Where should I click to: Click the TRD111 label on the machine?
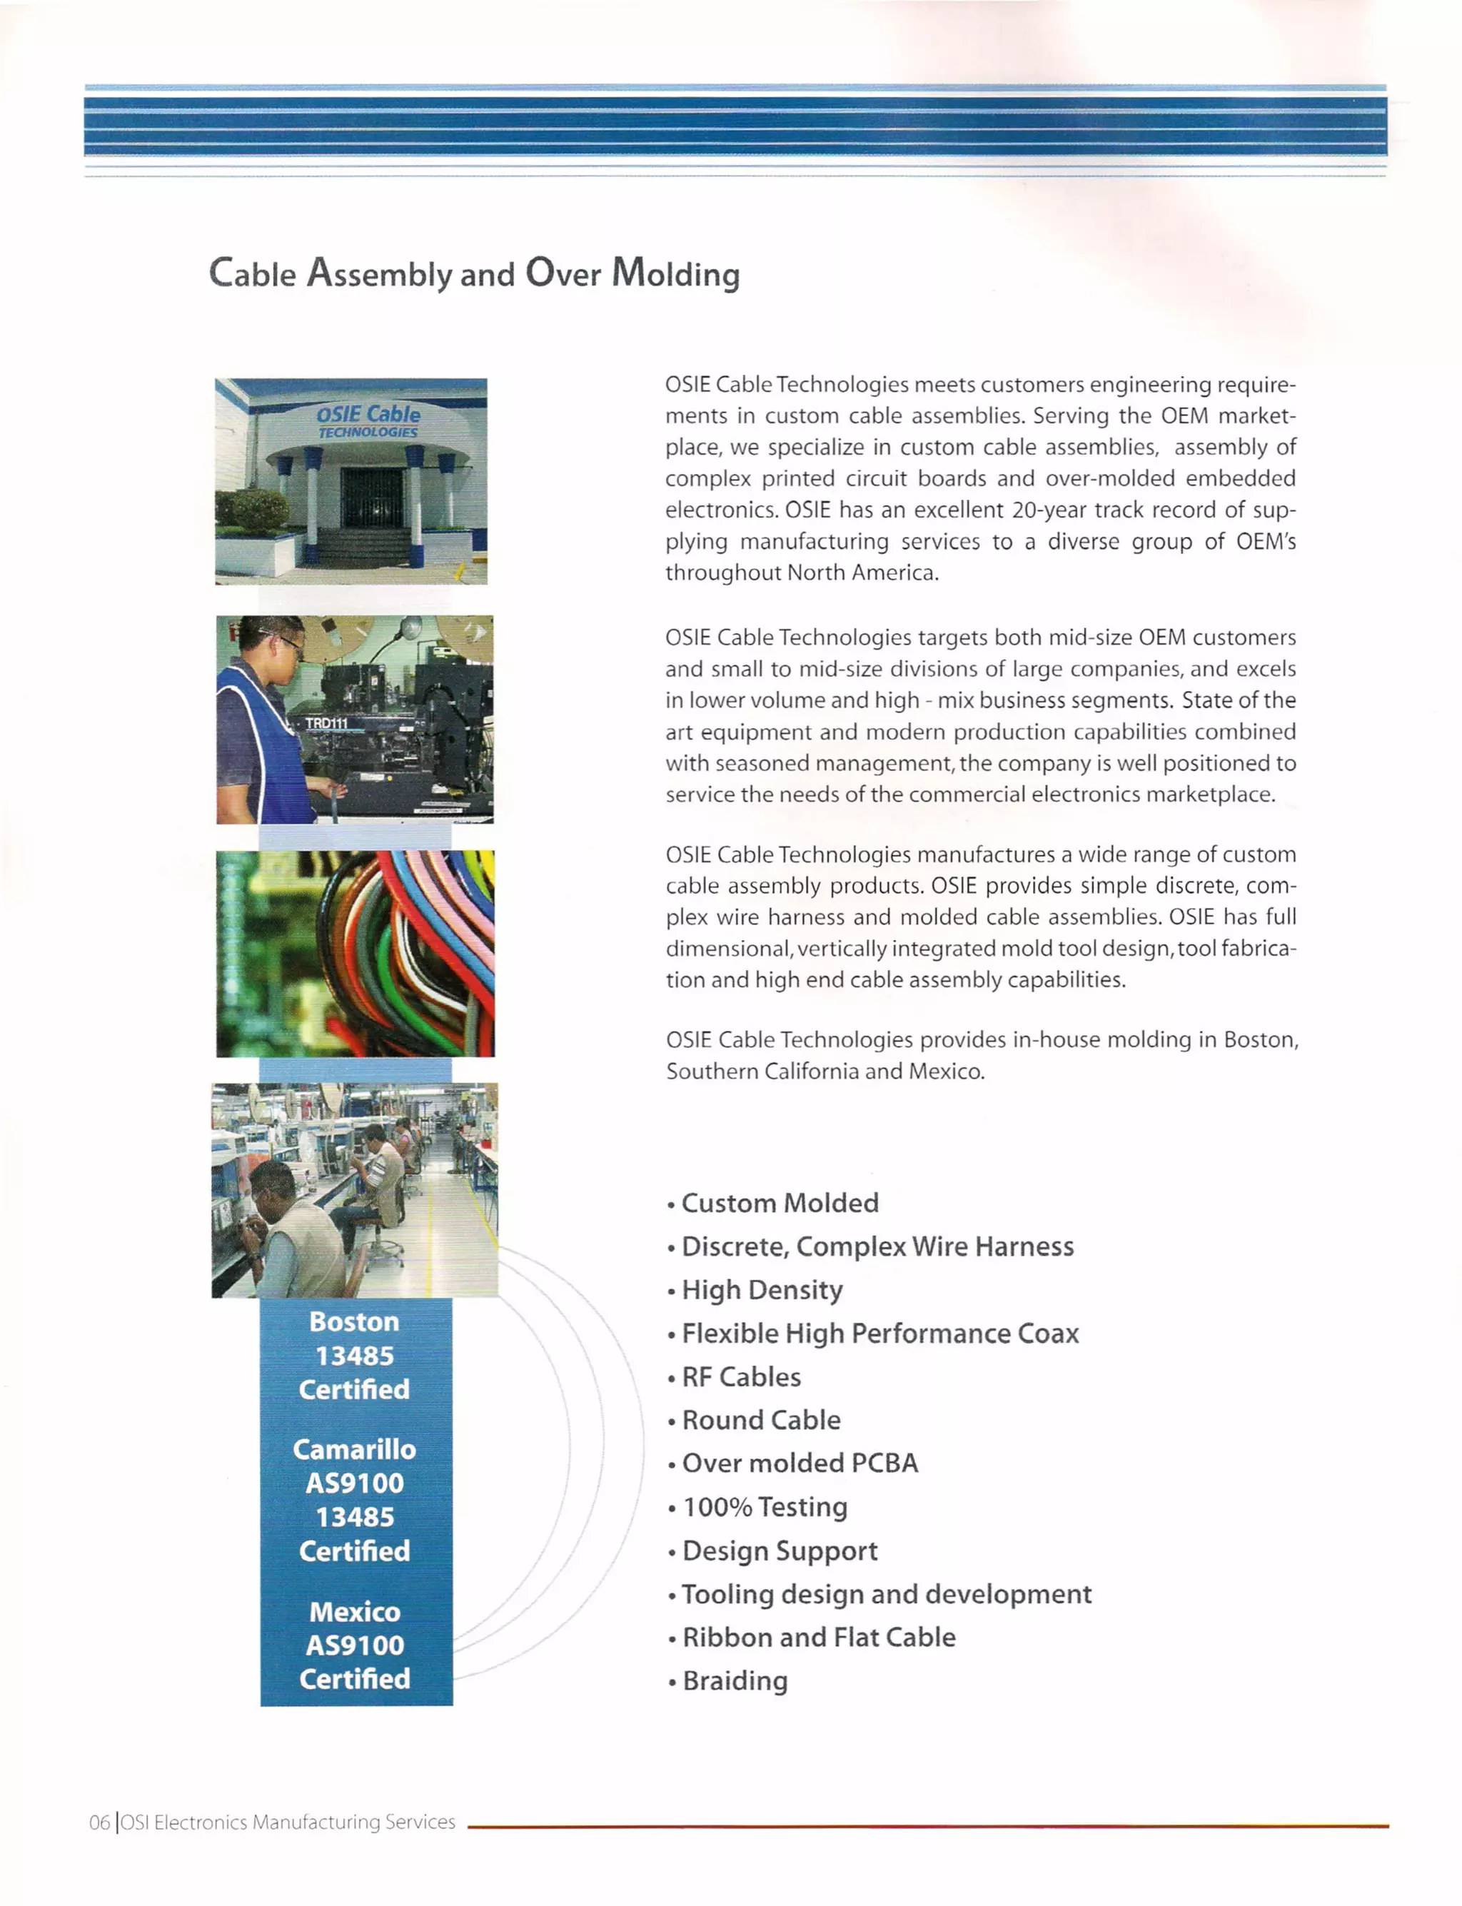click(326, 723)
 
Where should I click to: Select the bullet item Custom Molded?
click(779, 1203)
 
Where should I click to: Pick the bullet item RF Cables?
click(740, 1377)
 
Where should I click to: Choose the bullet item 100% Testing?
click(764, 1506)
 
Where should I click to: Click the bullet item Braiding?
click(735, 1680)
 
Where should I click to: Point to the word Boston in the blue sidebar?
click(354, 1322)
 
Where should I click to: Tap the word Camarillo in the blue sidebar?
click(354, 1449)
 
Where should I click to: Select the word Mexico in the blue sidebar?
click(355, 1612)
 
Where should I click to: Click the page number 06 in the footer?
click(99, 1822)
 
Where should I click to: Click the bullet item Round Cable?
click(760, 1421)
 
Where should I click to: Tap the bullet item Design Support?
click(779, 1551)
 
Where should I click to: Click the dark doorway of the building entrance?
click(372, 498)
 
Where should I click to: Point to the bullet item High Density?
click(762, 1290)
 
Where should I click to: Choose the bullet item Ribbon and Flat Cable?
click(818, 1637)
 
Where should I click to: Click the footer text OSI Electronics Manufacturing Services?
click(287, 1822)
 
